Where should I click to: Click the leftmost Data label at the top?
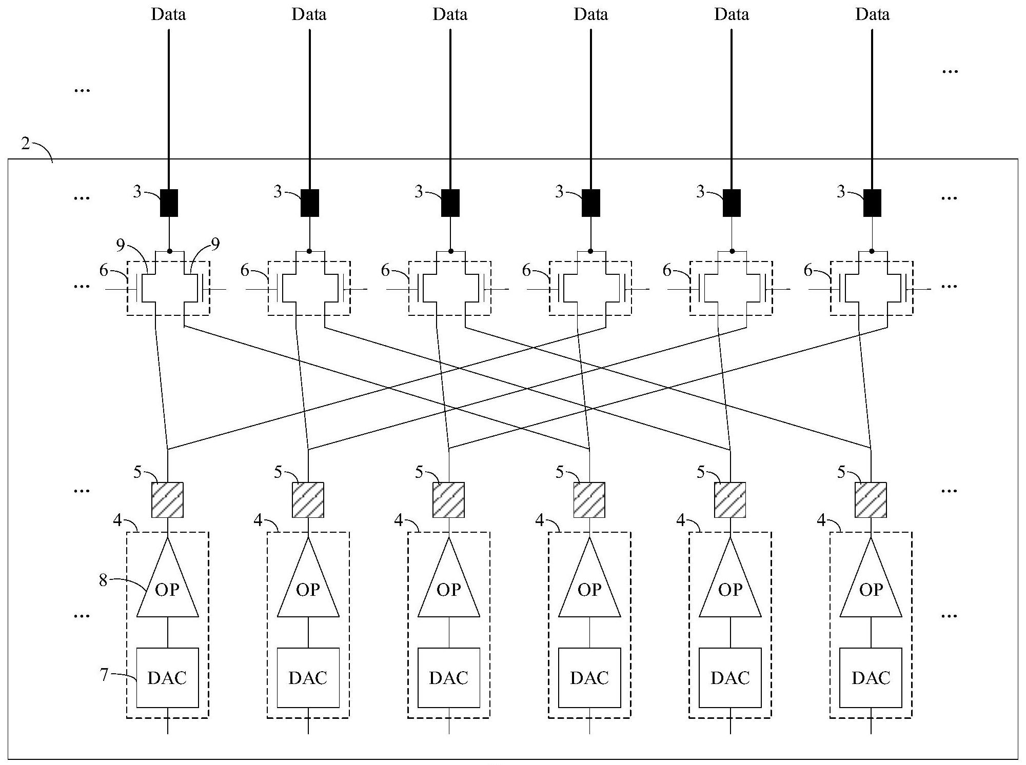168,14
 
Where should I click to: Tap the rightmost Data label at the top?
872,14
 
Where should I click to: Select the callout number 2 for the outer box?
26,144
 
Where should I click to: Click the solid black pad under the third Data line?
450,203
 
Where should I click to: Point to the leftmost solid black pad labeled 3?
169,203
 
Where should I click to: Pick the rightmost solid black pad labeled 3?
872,203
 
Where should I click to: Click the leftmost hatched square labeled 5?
167,499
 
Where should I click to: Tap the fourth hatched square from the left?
589,499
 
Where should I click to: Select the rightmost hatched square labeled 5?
871,499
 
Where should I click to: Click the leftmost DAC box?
167,677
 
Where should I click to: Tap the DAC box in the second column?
308,677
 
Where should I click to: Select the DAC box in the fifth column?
730,677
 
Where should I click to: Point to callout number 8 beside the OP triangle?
104,580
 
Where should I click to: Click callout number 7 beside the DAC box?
104,674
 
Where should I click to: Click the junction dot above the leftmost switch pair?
169,251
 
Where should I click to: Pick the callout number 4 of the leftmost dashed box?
117,521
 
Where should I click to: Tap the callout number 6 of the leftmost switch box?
104,270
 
